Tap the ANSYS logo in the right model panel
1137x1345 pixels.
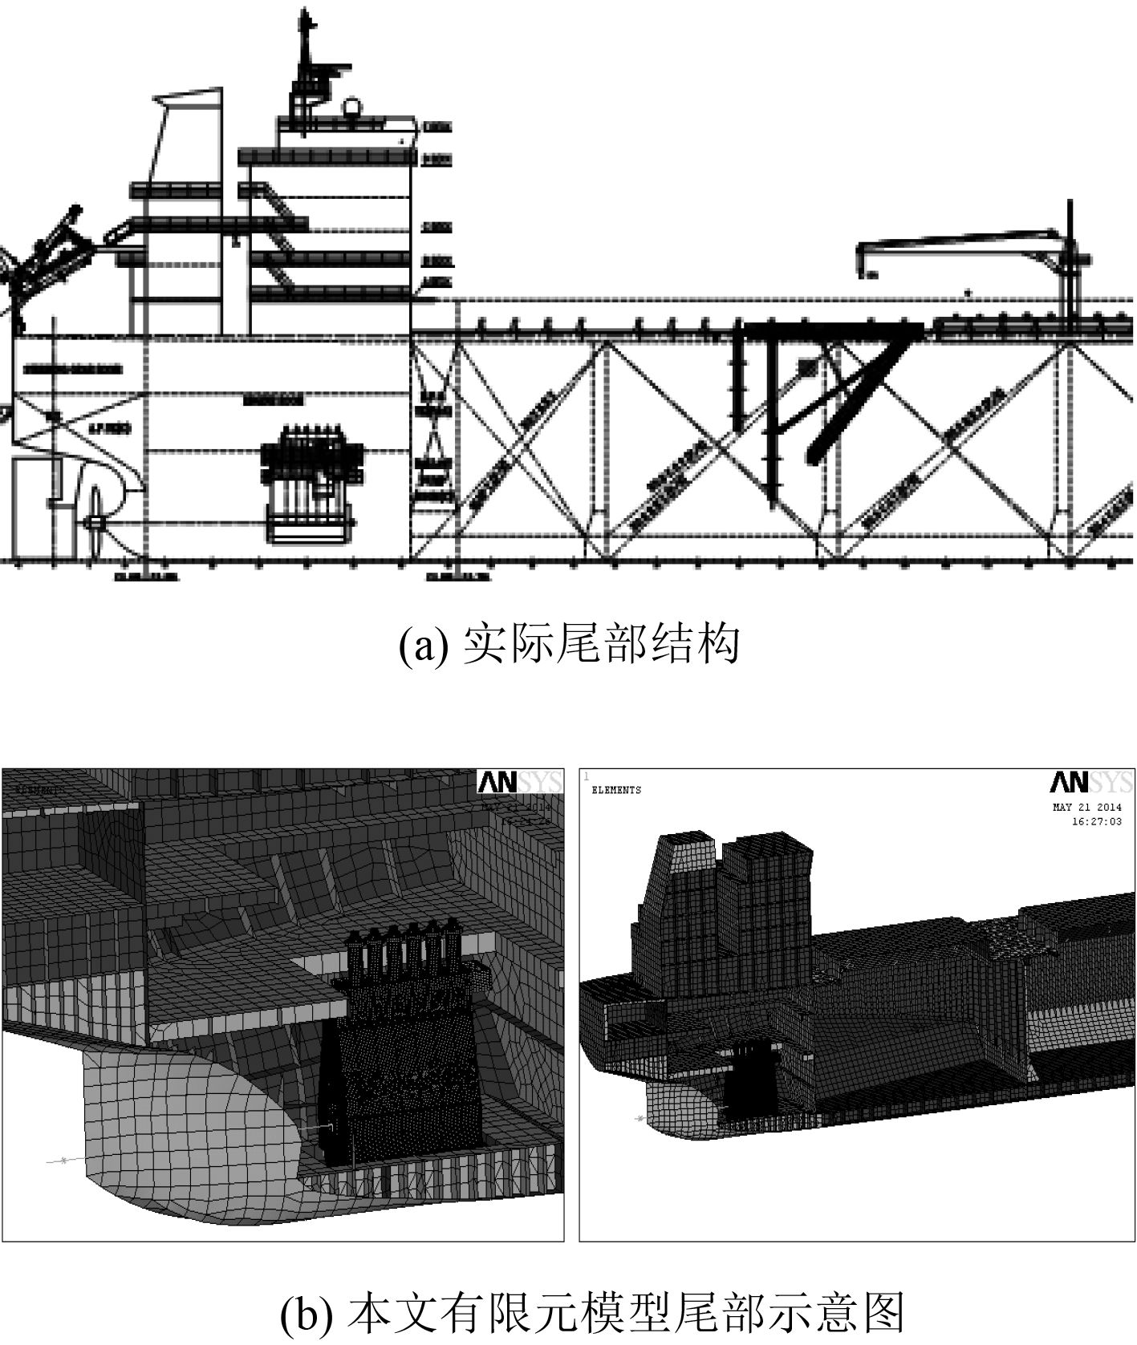[x=1091, y=783]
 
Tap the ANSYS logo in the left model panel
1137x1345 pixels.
[x=519, y=783]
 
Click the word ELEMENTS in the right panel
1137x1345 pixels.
[x=615, y=790]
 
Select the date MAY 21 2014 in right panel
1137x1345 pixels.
[x=1086, y=808]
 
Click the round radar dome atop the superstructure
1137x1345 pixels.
[x=351, y=107]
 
